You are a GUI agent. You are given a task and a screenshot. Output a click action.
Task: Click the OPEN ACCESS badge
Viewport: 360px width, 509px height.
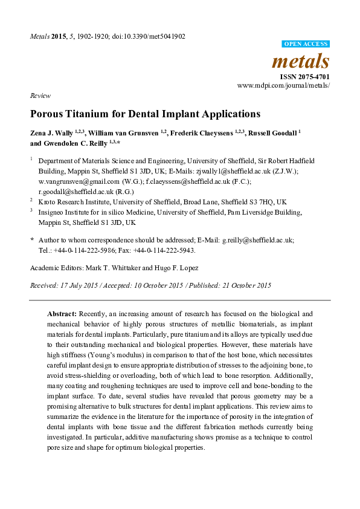pos(306,44)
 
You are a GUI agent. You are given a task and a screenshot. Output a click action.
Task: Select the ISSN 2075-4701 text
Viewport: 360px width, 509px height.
pos(304,77)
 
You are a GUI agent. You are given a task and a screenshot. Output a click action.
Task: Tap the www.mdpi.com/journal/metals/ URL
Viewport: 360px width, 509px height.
pos(284,86)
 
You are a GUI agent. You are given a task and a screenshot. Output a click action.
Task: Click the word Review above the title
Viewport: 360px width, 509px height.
pos(39,96)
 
